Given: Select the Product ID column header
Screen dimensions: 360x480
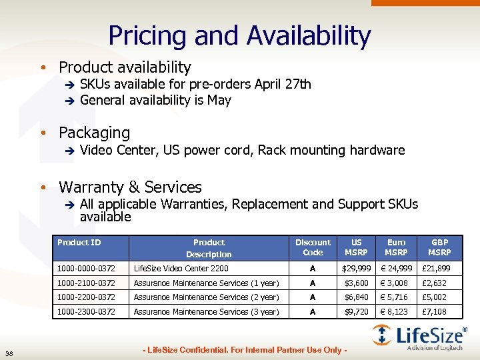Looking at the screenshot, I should (x=79, y=243).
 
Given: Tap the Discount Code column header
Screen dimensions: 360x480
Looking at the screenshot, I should (x=313, y=247).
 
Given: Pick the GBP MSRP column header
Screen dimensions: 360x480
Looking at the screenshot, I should (x=440, y=247).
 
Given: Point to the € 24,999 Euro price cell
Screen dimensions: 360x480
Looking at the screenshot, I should (x=397, y=269).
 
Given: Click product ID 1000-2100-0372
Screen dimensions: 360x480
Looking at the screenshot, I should (x=86, y=283).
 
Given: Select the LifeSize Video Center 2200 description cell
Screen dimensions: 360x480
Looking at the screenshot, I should (x=181, y=269).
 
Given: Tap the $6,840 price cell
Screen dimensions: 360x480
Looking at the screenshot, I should (x=357, y=297).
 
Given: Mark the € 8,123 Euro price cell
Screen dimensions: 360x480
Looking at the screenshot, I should (x=397, y=312).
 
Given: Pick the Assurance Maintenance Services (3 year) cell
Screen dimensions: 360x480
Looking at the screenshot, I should (x=207, y=312).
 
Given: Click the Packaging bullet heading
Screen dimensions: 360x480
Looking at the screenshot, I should (x=94, y=133).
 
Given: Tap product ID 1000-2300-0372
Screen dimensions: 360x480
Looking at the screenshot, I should (x=86, y=312).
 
